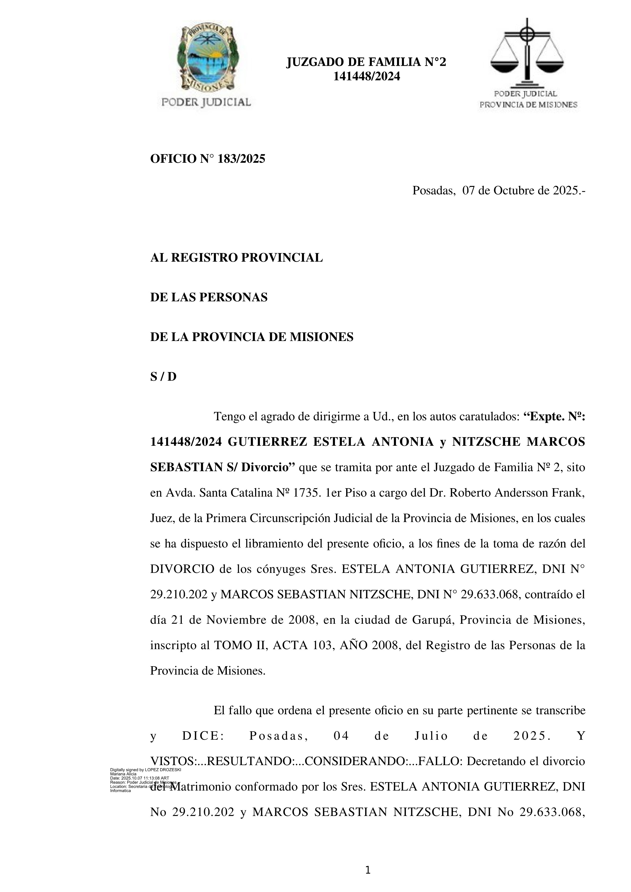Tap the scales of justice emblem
(x=527, y=52)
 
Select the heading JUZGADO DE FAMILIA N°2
(x=366, y=62)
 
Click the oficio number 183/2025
(x=242, y=159)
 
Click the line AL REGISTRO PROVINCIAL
(x=236, y=258)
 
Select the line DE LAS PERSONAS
(x=209, y=297)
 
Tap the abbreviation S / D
(x=163, y=377)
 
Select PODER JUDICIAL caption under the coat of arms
(x=206, y=102)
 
